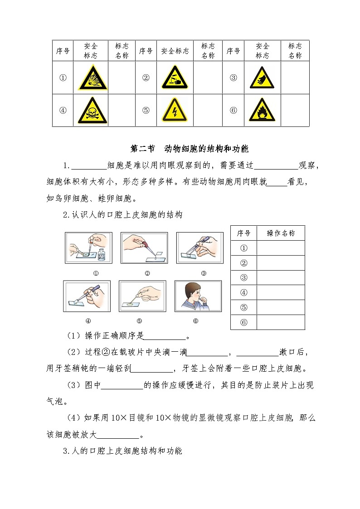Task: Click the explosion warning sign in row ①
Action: pos(92,78)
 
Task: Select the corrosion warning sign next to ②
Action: pos(175,78)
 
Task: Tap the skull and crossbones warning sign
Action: pos(92,111)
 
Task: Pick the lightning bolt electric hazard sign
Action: pos(175,111)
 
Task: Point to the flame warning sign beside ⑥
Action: pos(262,111)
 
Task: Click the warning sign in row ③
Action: pos(262,78)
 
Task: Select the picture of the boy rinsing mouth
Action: pos(198,296)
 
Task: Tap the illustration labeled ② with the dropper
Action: pos(144,248)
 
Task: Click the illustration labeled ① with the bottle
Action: pos(88,248)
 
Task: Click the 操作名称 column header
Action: pos(281,233)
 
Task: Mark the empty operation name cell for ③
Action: pos(281,278)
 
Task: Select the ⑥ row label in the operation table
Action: pos(243,322)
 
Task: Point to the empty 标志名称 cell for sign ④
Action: pos(122,111)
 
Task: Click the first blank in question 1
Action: pos(89,166)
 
